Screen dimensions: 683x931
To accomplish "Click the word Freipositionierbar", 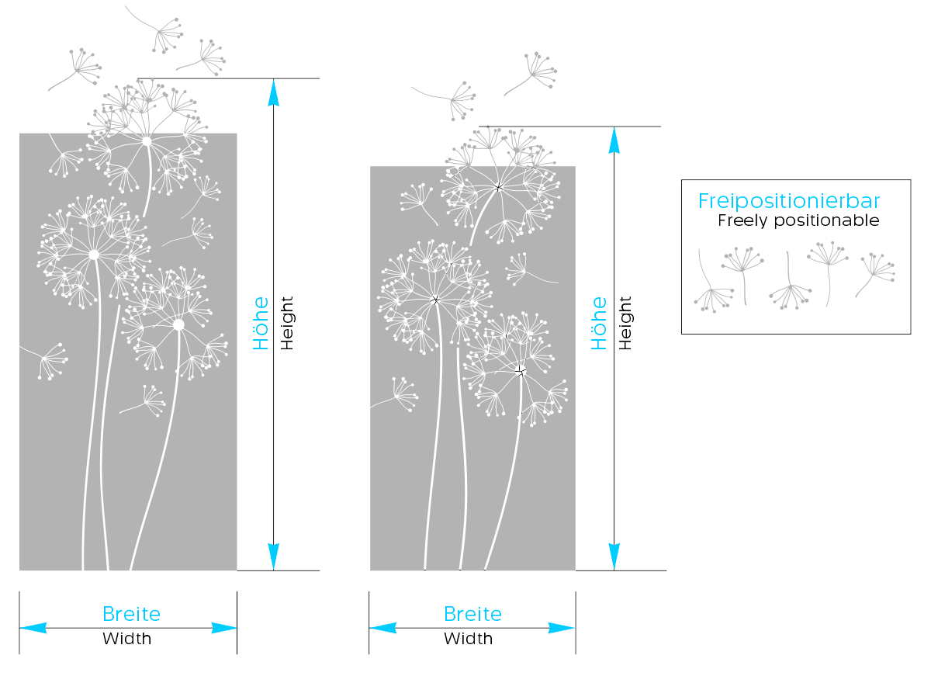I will pyautogui.click(x=789, y=201).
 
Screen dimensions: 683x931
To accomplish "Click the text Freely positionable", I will pyautogui.click(x=798, y=220).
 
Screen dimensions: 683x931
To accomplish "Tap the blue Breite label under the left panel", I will pyautogui.click(x=131, y=614).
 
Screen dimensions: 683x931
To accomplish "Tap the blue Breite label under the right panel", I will pyautogui.click(x=472, y=614).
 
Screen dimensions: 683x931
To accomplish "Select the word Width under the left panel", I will pyautogui.click(x=127, y=639).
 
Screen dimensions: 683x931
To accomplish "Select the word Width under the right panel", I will pyautogui.click(x=469, y=639).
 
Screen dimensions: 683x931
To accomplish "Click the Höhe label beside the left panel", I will pyautogui.click(x=261, y=323).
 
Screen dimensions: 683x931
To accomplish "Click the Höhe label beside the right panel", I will pyautogui.click(x=600, y=323).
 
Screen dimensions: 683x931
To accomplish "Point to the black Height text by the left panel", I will pyautogui.click(x=287, y=323).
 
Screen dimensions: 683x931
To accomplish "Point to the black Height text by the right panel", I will pyautogui.click(x=625, y=323).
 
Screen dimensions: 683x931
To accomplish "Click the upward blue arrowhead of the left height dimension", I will pyautogui.click(x=273, y=92).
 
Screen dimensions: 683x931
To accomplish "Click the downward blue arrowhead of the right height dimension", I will pyautogui.click(x=614, y=556).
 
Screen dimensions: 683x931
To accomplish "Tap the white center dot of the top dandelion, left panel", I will pyautogui.click(x=147, y=141).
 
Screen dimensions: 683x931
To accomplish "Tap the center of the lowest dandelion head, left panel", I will pyautogui.click(x=178, y=325).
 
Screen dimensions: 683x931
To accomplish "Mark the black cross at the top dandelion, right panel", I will pyautogui.click(x=499, y=187).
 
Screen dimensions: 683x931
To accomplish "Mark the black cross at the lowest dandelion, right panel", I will pyautogui.click(x=521, y=372).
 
